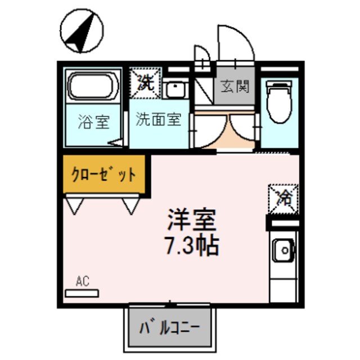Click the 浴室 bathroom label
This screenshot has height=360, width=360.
click(x=93, y=121)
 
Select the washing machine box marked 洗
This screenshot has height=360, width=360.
click(x=146, y=82)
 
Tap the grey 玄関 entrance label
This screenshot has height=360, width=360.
click(x=235, y=87)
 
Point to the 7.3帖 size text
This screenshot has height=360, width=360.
click(x=191, y=246)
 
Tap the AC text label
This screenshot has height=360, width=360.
click(x=82, y=280)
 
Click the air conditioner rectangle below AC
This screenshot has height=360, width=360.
click(x=82, y=292)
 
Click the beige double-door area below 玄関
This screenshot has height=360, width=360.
click(x=228, y=132)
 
